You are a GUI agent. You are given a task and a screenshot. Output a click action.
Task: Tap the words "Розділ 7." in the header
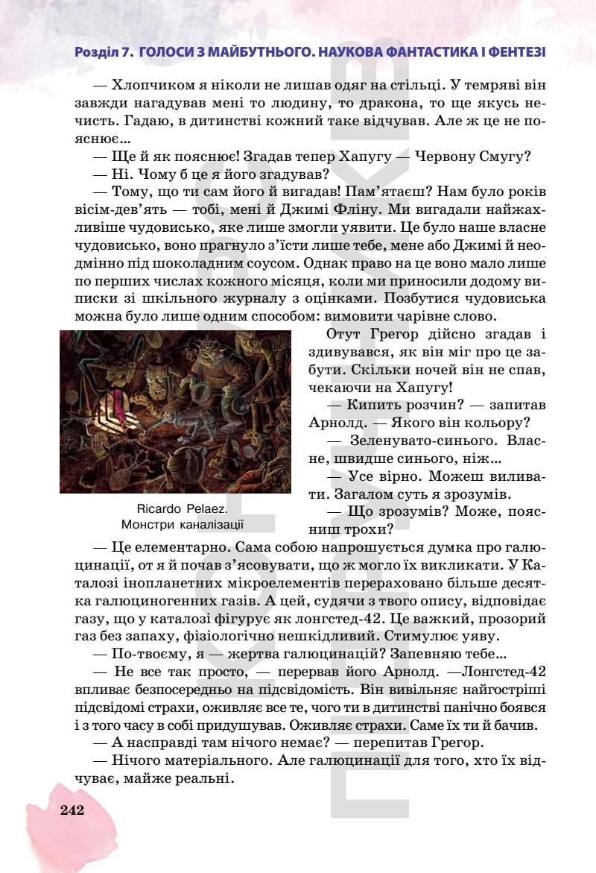[104, 52]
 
